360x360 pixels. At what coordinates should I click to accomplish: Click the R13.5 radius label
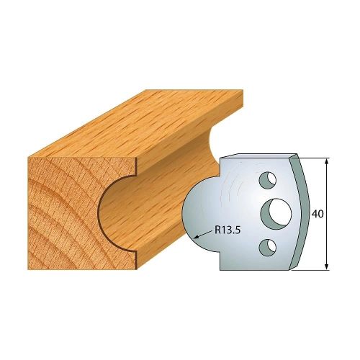click(x=228, y=230)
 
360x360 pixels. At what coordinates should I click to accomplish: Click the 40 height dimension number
click(x=318, y=214)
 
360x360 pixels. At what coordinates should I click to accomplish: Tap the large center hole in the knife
click(x=276, y=212)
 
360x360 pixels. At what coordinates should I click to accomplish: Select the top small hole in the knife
click(x=268, y=180)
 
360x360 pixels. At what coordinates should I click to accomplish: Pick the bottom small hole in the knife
click(x=268, y=247)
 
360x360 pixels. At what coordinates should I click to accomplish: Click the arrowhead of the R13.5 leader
click(x=196, y=238)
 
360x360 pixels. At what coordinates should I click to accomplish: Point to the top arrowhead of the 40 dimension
click(x=326, y=161)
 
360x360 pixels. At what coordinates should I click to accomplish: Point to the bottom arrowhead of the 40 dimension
click(x=326, y=266)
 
